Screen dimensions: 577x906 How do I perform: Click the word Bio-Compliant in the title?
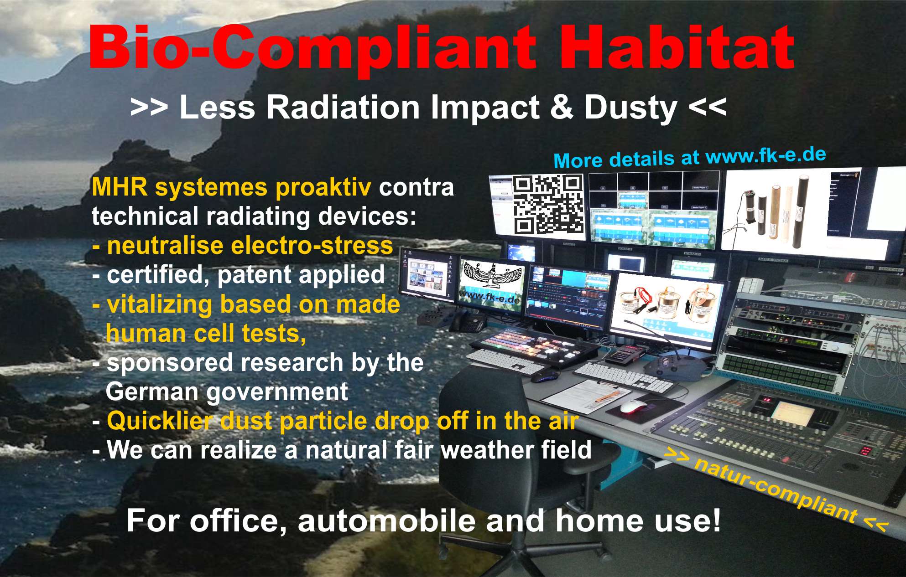coord(313,48)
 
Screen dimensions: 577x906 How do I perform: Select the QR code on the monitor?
coord(548,205)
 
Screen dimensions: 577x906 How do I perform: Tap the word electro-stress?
coord(312,246)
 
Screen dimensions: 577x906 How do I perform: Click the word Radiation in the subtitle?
coord(342,108)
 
